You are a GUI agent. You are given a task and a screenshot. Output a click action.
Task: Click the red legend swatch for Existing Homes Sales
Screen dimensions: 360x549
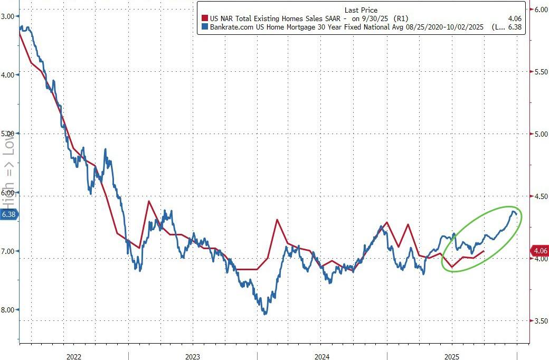[204, 18]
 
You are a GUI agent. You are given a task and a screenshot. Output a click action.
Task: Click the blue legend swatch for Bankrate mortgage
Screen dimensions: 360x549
[204, 27]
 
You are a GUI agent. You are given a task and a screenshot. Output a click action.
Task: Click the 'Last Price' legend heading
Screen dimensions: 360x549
[361, 10]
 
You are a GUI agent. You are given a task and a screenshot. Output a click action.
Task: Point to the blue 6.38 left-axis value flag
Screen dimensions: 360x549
[9, 214]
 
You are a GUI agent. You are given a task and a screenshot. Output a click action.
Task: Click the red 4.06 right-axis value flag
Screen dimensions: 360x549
[539, 251]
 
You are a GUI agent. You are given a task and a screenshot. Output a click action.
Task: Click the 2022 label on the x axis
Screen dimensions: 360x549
[73, 357]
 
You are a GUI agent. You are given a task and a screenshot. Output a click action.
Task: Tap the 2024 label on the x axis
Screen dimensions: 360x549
[321, 357]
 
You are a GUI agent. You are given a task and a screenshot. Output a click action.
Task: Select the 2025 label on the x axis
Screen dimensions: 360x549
[452, 357]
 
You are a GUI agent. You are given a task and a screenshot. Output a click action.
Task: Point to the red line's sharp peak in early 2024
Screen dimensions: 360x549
[277, 220]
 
